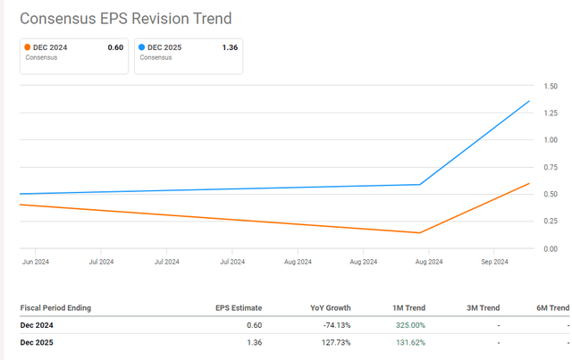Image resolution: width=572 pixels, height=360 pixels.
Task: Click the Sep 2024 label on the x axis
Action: tap(494, 262)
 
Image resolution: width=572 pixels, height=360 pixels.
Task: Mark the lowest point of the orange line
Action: tap(420, 233)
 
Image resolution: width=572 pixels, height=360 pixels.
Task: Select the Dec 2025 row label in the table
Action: tap(40, 342)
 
